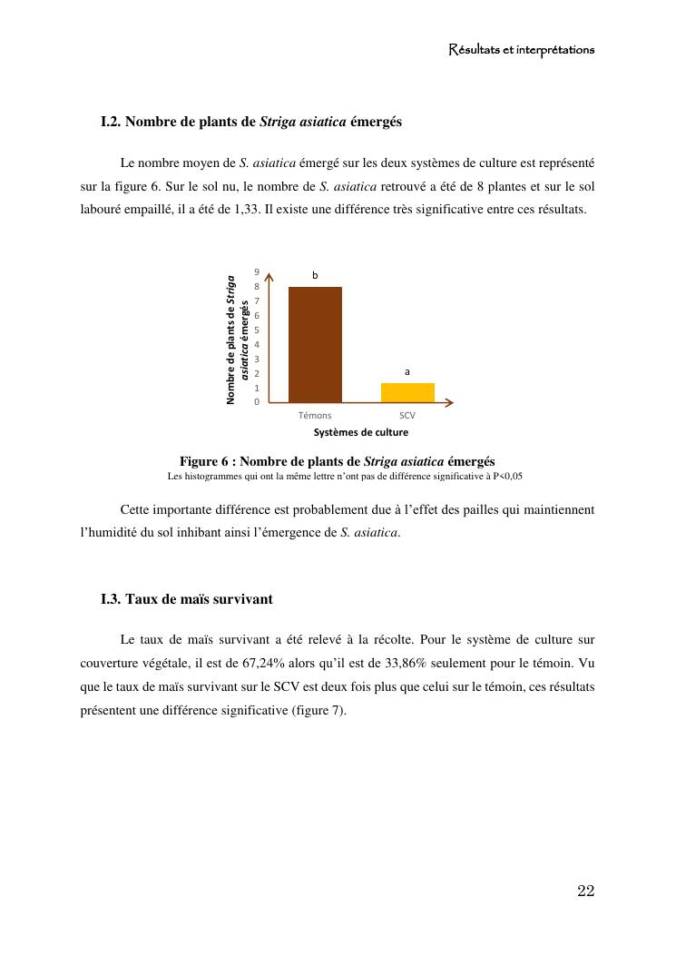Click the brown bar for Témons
pos(315,344)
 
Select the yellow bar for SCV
pos(407,392)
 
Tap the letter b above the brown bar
pos(316,274)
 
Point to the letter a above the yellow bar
pos(407,371)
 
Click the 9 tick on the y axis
pos(258,272)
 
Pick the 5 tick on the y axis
pos(258,330)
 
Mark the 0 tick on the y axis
pos(258,401)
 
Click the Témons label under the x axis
pos(315,416)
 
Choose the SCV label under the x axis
pos(407,416)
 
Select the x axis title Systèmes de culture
pos(361,432)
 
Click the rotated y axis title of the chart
pos(238,340)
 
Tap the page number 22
pos(585,891)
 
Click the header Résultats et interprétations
pos(522,50)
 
